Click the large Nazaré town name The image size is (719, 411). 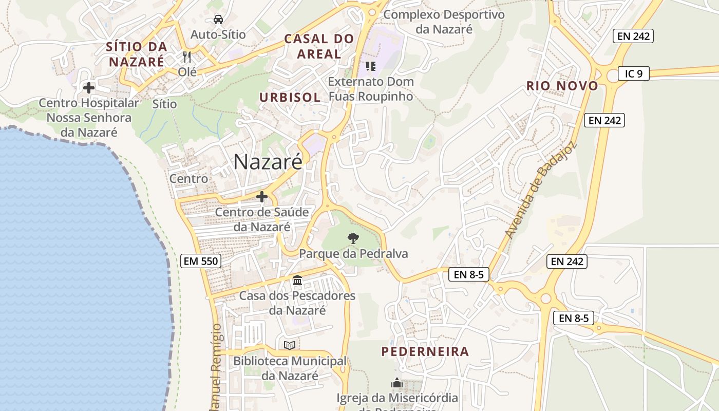tap(268, 162)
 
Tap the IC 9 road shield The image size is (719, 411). tap(633, 73)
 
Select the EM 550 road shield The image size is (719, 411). tap(201, 261)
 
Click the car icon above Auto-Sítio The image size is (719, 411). tap(218, 20)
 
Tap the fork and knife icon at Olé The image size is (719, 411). tap(187, 57)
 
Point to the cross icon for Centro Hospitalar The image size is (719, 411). tap(89, 88)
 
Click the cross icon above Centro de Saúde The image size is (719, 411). tap(262, 197)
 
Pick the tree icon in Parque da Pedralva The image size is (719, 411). tap(353, 238)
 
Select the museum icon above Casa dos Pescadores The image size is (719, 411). tap(297, 281)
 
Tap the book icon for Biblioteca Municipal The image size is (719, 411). tap(290, 345)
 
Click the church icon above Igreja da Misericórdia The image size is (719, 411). tap(397, 383)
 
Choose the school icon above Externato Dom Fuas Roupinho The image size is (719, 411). tap(370, 66)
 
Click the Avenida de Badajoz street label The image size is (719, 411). tap(541, 189)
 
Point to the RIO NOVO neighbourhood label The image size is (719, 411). tap(562, 86)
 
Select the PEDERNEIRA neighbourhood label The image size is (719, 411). tap(425, 352)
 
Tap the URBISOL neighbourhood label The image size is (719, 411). tap(290, 97)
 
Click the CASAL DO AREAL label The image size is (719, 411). tap(319, 46)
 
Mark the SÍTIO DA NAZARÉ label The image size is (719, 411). tap(136, 54)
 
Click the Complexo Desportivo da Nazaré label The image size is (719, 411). tap(444, 22)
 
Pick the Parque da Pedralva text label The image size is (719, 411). tap(353, 254)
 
